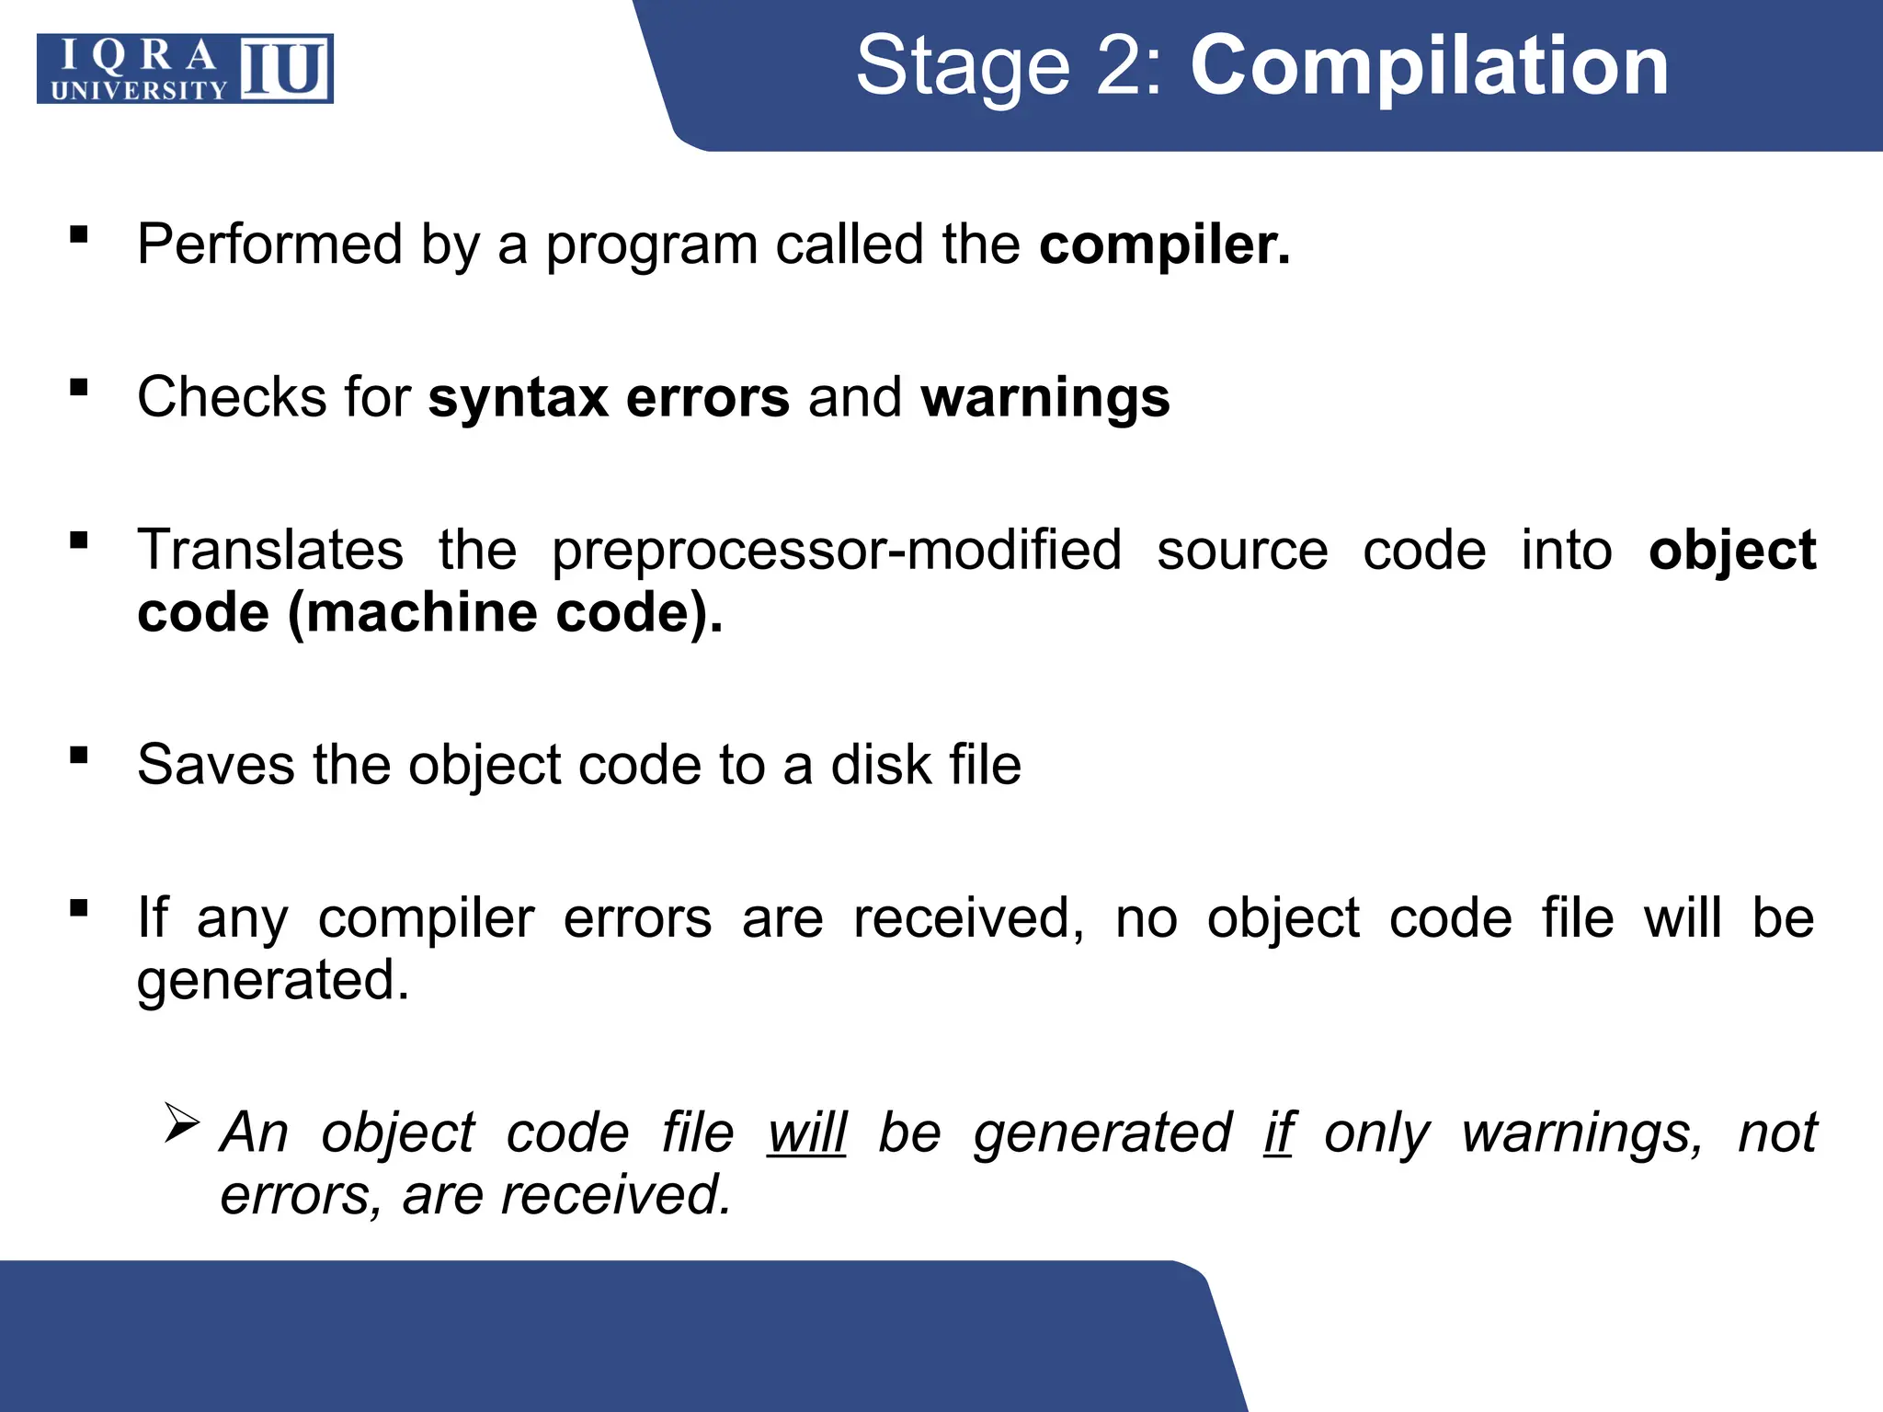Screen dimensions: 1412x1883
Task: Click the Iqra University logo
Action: [x=185, y=69]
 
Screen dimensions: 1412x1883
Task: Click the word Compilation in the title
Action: [x=1429, y=66]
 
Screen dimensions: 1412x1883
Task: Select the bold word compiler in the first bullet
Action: [x=1164, y=245]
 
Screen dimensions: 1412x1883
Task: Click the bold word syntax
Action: [x=518, y=398]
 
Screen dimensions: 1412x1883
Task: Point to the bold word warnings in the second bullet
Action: [x=1045, y=398]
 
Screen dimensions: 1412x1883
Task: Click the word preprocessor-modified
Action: [x=837, y=551]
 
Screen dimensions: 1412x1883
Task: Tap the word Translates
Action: [x=270, y=551]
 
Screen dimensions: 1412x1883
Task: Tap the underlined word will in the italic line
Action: [x=806, y=1133]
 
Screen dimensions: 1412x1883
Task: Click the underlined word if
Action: [x=1279, y=1133]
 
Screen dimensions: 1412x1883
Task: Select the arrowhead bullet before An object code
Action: [x=181, y=1123]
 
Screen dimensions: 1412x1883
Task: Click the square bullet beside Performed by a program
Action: [x=79, y=234]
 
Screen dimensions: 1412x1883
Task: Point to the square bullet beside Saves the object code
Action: [x=79, y=756]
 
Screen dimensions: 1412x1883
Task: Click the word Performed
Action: [x=270, y=245]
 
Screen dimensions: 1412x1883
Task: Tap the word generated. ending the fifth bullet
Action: [x=273, y=981]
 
